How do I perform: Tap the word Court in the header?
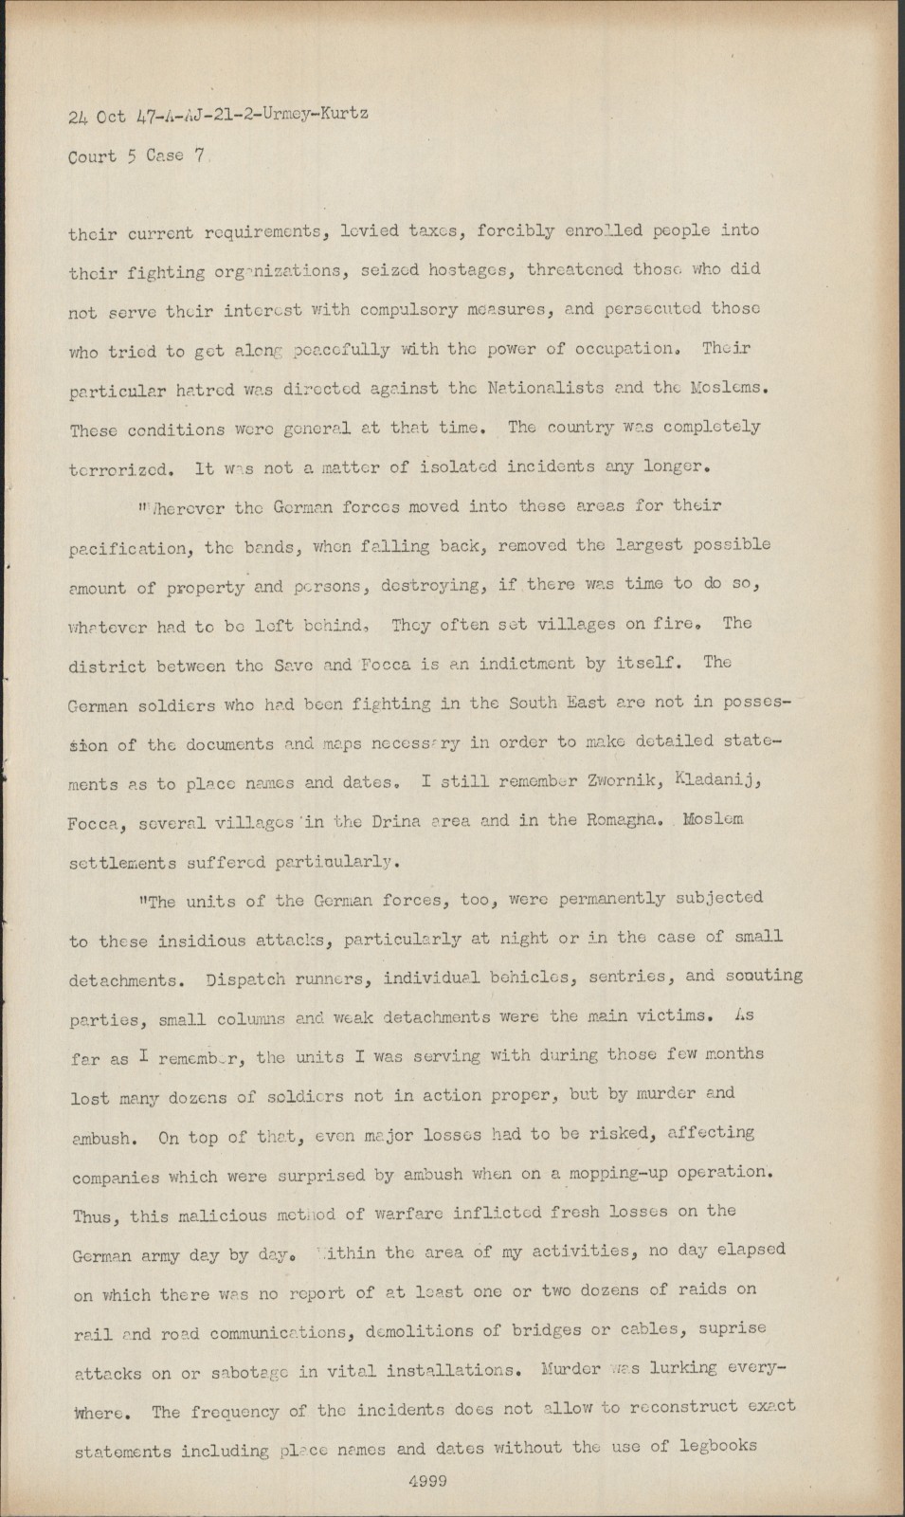(x=93, y=156)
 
